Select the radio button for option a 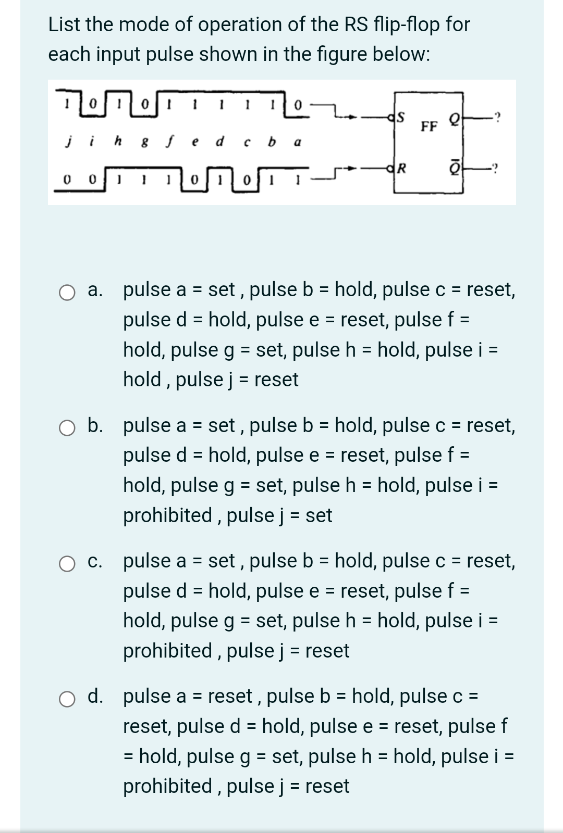(x=67, y=293)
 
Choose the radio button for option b (x=67, y=428)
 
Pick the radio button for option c (x=67, y=564)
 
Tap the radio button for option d (x=67, y=699)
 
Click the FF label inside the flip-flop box (x=429, y=127)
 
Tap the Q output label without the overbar (x=454, y=119)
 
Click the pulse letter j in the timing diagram (x=68, y=141)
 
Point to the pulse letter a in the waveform (x=297, y=142)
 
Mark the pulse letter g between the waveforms (x=143, y=142)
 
